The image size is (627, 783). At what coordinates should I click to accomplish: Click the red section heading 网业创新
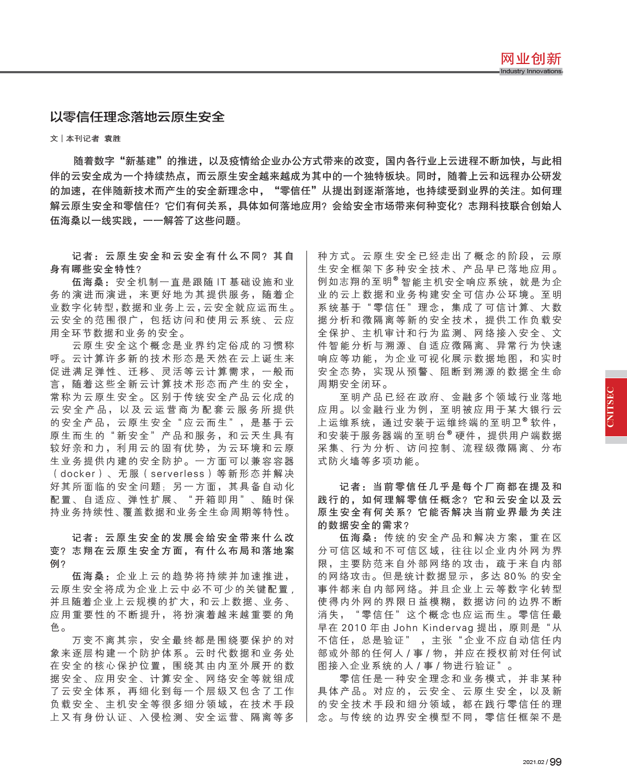point(530,59)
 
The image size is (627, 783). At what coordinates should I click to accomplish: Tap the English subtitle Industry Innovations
point(530,71)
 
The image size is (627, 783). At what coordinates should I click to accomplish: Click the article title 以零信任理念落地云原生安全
point(137,117)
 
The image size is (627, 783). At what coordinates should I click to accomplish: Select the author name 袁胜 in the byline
point(112,139)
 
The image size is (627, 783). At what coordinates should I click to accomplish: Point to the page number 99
point(556,762)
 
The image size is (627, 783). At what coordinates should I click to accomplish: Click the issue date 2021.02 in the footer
point(534,762)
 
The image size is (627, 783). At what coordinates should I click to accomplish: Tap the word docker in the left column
point(78,474)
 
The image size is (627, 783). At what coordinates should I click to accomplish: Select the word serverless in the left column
point(177,474)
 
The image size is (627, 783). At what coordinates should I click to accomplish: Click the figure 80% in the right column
point(515,576)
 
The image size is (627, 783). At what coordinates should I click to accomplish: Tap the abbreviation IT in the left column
point(221,282)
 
